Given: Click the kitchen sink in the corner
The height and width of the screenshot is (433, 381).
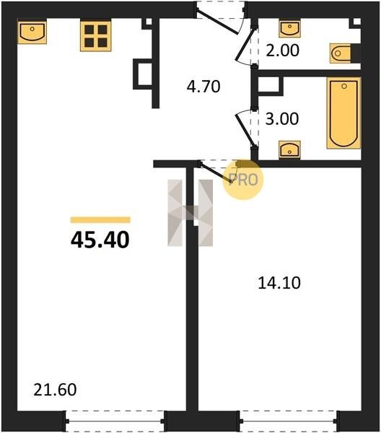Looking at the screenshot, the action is point(32,31).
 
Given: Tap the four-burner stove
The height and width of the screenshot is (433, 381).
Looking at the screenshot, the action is point(96,36).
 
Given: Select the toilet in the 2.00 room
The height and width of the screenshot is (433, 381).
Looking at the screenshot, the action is point(341,53).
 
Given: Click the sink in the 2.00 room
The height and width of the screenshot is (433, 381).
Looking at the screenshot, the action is point(289,29).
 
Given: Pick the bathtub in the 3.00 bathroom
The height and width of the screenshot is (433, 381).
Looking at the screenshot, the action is point(343,113).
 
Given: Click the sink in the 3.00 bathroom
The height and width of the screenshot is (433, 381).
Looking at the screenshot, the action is point(289,149).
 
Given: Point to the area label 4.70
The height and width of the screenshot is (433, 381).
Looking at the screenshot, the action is point(203,86).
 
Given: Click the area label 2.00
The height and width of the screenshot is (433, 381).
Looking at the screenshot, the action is point(282,51).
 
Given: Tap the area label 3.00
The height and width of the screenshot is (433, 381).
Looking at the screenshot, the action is point(282,119).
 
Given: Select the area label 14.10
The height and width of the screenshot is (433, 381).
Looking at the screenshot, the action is point(279,283).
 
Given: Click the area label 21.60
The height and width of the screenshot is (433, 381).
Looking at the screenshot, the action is point(55,390).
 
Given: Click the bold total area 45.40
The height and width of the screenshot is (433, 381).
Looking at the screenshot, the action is point(100,240).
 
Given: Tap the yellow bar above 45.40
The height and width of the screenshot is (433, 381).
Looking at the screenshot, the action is point(100,220).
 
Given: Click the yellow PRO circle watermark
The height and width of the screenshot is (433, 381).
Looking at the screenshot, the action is point(243,180).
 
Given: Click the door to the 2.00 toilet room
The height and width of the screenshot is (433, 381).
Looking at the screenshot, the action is point(245,45).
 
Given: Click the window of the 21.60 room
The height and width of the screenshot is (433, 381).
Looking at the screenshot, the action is point(115,421).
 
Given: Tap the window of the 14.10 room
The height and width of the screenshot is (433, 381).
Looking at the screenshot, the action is point(289,421).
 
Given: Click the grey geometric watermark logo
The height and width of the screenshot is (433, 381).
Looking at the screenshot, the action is point(190,213).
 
